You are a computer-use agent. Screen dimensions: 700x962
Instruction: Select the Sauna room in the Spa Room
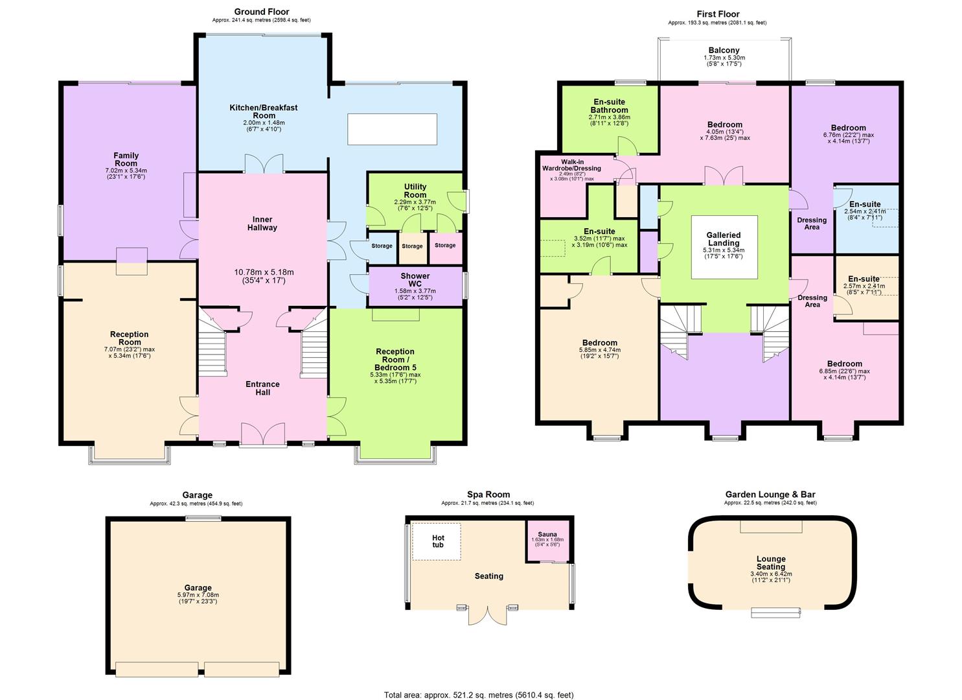pyautogui.click(x=547, y=540)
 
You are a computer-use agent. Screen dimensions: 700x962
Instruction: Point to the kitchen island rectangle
pyautogui.click(x=392, y=129)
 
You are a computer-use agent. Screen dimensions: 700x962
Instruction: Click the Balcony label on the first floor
pyautogui.click(x=724, y=51)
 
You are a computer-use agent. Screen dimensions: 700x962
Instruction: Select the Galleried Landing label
pyautogui.click(x=724, y=239)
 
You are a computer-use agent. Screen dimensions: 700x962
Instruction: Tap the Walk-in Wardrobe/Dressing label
pyautogui.click(x=571, y=165)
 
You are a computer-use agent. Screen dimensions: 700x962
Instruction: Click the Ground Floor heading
pyautogui.click(x=262, y=12)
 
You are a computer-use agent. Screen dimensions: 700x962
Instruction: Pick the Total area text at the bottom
pyautogui.click(x=478, y=695)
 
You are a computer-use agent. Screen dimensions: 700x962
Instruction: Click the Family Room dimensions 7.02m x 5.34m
pyautogui.click(x=126, y=174)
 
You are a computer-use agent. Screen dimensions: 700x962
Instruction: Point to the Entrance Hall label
pyautogui.click(x=262, y=388)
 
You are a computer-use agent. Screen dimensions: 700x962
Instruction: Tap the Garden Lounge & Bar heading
pyautogui.click(x=770, y=495)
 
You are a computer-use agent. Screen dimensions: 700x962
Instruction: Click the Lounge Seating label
pyautogui.click(x=770, y=563)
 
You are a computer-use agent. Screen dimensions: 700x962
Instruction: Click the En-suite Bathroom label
pyautogui.click(x=609, y=106)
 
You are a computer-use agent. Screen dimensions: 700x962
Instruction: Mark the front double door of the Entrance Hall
pyautogui.click(x=262, y=435)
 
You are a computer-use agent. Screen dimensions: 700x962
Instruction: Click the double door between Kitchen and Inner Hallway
pyautogui.click(x=264, y=164)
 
